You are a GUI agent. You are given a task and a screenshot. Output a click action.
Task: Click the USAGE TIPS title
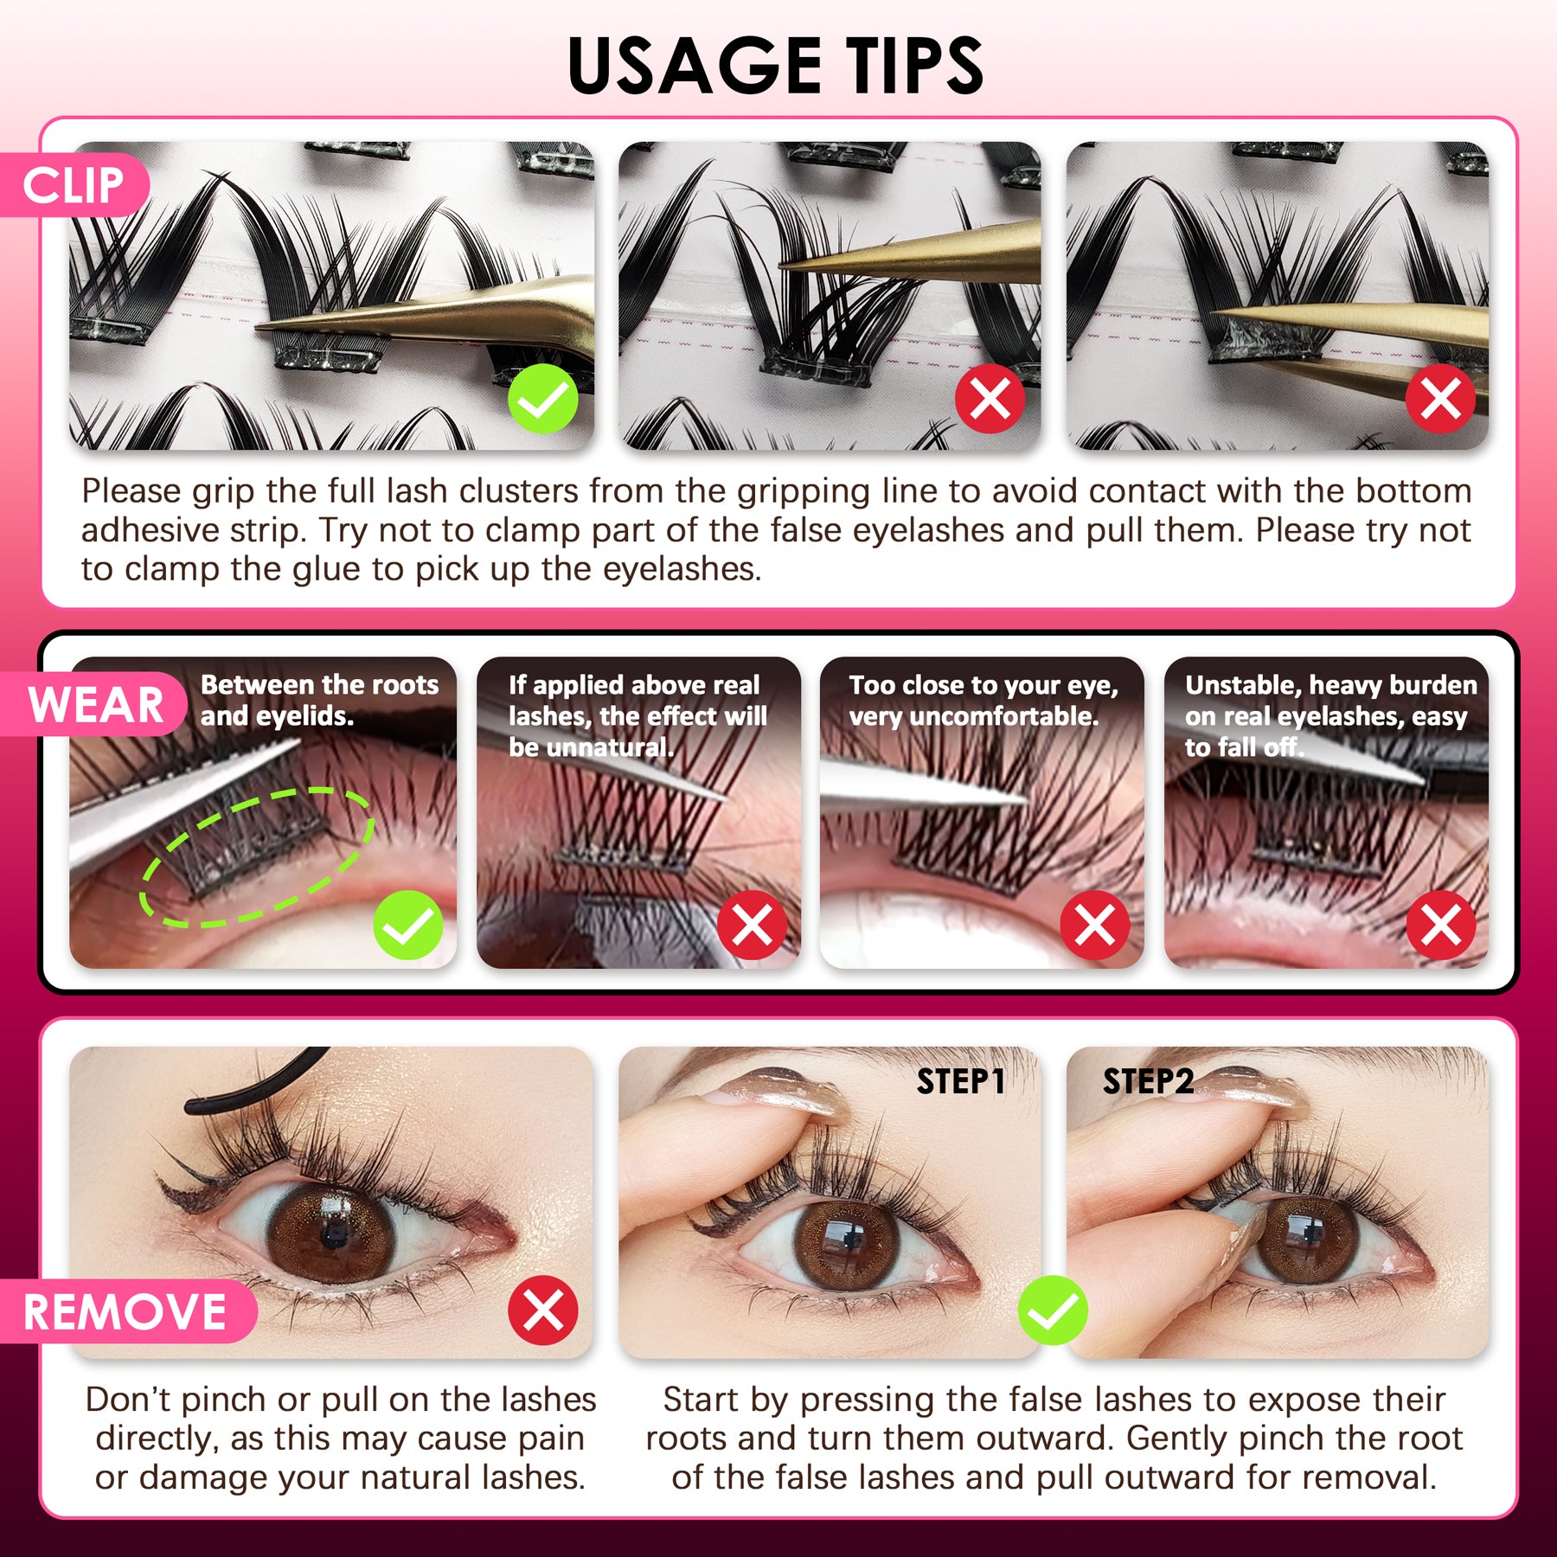coord(776,66)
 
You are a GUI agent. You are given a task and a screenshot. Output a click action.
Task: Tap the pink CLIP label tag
coord(74,185)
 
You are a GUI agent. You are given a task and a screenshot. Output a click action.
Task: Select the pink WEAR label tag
coord(95,704)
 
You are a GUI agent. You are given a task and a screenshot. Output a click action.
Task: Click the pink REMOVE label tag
coord(125,1311)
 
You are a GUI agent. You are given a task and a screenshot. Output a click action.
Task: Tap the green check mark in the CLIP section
coord(542,399)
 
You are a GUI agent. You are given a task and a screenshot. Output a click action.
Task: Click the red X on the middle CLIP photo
coord(990,399)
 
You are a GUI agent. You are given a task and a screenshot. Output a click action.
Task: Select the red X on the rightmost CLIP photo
coord(1440,399)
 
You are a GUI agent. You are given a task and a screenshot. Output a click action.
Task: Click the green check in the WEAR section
coord(407,925)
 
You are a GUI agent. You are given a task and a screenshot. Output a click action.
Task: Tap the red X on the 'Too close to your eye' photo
coord(1094,925)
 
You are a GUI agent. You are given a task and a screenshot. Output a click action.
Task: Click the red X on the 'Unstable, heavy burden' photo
coord(1440,925)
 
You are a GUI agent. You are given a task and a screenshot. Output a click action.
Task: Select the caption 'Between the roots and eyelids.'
coord(319,701)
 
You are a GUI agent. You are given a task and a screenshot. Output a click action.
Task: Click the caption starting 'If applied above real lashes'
coord(638,715)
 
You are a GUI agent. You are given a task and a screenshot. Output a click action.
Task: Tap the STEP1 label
coord(960,1081)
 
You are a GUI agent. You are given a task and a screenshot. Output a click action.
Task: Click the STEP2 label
coord(1148,1081)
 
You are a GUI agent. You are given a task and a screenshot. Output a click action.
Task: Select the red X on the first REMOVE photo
coord(542,1310)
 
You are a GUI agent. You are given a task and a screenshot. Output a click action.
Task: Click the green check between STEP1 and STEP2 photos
coord(1053,1310)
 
